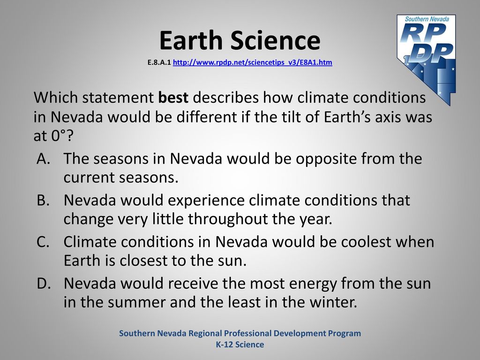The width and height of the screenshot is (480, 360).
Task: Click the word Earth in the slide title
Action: pyautogui.click(x=191, y=40)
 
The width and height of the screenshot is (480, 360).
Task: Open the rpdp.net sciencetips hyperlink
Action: pyautogui.click(x=253, y=63)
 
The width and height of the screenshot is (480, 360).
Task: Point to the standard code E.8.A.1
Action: pyautogui.click(x=159, y=63)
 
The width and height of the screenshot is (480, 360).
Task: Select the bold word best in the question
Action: pyautogui.click(x=173, y=97)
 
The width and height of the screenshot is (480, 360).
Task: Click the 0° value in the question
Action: pyautogui.click(x=58, y=136)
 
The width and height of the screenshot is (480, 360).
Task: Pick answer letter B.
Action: pyautogui.click(x=43, y=200)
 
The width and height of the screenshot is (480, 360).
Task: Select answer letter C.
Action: pyautogui.click(x=43, y=242)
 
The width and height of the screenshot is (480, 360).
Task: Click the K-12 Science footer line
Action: pyautogui.click(x=240, y=345)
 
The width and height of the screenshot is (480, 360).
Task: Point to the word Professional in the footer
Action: pyautogui.click(x=244, y=333)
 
